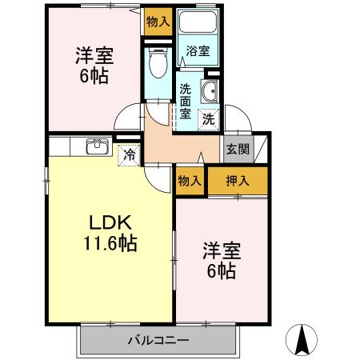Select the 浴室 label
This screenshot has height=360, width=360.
[198, 51]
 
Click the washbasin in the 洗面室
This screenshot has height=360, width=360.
[210, 92]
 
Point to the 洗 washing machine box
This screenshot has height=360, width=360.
[208, 120]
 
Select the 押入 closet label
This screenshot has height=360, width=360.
[238, 181]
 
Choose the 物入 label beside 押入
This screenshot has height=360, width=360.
[190, 182]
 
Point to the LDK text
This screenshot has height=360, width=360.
[105, 222]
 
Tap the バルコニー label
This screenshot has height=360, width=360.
[158, 340]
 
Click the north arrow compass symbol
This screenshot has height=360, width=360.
[304, 340]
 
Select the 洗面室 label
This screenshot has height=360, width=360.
[185, 101]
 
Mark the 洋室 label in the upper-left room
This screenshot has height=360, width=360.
[94, 56]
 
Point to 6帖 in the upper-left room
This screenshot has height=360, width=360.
[94, 78]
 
